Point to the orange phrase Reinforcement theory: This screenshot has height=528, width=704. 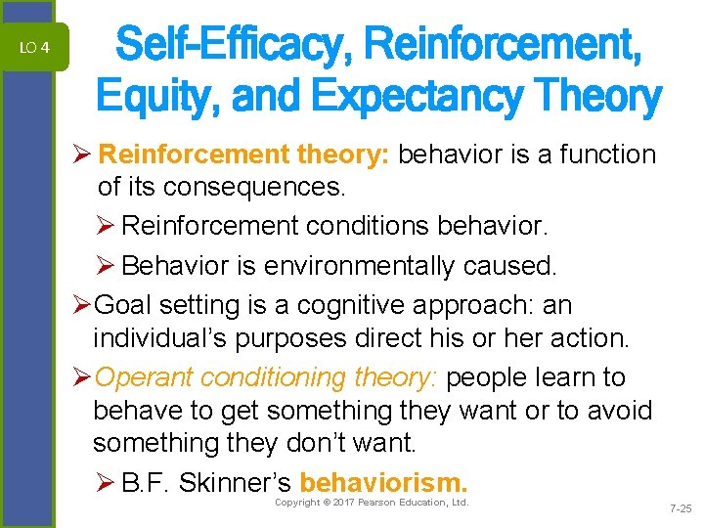click(245, 154)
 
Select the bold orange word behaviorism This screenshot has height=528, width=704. click(384, 483)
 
